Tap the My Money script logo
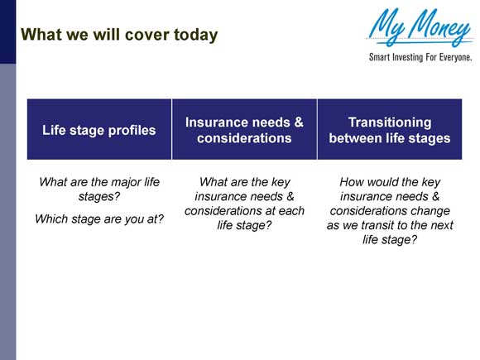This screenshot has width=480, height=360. coord(420,29)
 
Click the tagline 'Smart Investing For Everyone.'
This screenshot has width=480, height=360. coord(420,58)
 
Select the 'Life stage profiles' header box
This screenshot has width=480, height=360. coord(99,129)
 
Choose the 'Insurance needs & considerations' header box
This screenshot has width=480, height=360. coord(244,129)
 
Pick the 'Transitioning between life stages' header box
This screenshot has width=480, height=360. coord(389,129)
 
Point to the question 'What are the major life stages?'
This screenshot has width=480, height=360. coord(99,190)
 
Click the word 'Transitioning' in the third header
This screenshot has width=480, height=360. coord(389,122)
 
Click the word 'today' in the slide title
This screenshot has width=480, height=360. coord(196,35)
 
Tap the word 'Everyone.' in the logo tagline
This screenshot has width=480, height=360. coord(454,58)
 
